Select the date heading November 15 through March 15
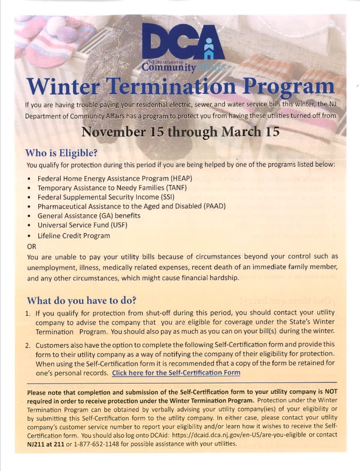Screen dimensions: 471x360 click(x=179, y=132)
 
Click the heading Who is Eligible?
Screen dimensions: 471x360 click(x=61, y=153)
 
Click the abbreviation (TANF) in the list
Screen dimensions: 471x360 click(x=172, y=187)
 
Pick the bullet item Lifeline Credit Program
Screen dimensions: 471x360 click(x=74, y=235)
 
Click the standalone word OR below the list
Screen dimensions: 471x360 click(x=31, y=246)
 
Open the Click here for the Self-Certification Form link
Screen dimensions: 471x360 click(x=176, y=373)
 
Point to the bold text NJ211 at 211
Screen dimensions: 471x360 click(x=48, y=445)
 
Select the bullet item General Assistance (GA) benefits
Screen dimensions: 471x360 click(x=89, y=216)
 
